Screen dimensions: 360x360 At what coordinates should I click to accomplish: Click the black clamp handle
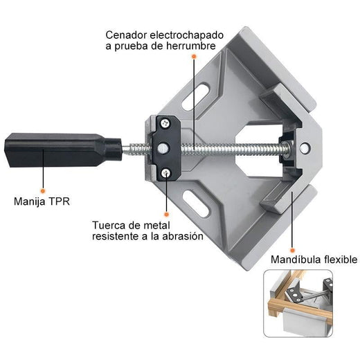click(x=63, y=150)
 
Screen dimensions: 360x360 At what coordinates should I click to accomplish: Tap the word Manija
click(x=30, y=201)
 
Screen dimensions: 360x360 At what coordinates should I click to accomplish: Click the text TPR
click(x=59, y=201)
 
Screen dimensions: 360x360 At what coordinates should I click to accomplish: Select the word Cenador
click(x=126, y=35)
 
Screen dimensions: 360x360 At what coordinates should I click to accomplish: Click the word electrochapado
click(x=187, y=35)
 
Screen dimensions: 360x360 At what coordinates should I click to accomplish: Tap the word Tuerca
click(x=108, y=225)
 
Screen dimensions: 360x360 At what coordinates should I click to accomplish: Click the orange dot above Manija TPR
click(x=42, y=191)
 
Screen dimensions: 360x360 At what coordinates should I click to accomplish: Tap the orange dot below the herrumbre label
click(x=194, y=56)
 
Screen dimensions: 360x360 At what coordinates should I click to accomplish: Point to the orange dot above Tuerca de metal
click(x=166, y=215)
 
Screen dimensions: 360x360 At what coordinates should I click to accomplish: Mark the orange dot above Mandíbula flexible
click(x=292, y=251)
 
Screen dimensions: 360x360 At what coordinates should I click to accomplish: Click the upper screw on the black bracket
click(x=165, y=123)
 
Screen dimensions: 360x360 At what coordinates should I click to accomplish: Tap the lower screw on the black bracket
click(x=165, y=173)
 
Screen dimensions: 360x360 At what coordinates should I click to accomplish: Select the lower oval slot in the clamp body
click(x=197, y=204)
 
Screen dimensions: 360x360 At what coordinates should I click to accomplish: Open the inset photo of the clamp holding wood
click(x=298, y=303)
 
